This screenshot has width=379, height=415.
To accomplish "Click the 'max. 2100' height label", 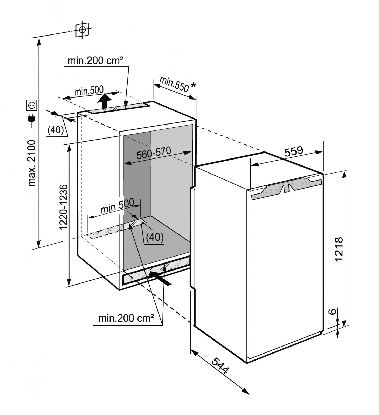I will pos(32,163).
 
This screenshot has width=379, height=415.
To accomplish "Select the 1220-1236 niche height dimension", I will pos(63,207).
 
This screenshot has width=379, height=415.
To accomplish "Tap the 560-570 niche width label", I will pos(154,153).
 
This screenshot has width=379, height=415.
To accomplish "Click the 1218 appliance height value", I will pos(339,249).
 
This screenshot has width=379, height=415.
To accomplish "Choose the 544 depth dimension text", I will pos(221,365).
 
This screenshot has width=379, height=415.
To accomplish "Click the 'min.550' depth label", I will pos(174,84).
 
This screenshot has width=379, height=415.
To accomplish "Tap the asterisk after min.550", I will pos(193,85).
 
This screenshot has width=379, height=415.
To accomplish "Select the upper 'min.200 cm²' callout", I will pos(95,61).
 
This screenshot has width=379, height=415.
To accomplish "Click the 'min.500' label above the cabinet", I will pos(89,91).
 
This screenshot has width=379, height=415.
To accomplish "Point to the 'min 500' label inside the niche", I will pos(117,206).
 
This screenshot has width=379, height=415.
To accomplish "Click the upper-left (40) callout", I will pos(56,130).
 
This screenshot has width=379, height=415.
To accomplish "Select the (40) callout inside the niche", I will pos(155,237).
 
